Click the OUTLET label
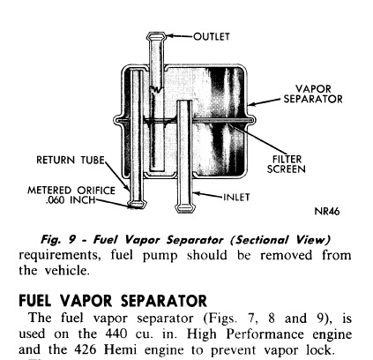[x=212, y=36]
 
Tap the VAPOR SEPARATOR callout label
[x=313, y=94]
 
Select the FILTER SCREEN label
[x=287, y=164]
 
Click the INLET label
[x=236, y=197]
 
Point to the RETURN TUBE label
[x=71, y=160]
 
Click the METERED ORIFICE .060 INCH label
[x=71, y=195]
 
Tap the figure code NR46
[x=327, y=211]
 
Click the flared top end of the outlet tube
[x=157, y=36]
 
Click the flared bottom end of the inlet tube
[x=185, y=208]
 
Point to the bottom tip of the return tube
[x=137, y=205]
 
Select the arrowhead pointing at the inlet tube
[x=197, y=194]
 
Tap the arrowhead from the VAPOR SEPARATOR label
[x=251, y=104]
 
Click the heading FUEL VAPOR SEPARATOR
[x=113, y=301]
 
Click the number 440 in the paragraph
[x=116, y=334]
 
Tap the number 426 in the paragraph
[x=85, y=349]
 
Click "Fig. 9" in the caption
[x=58, y=239]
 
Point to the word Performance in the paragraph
[x=265, y=334]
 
